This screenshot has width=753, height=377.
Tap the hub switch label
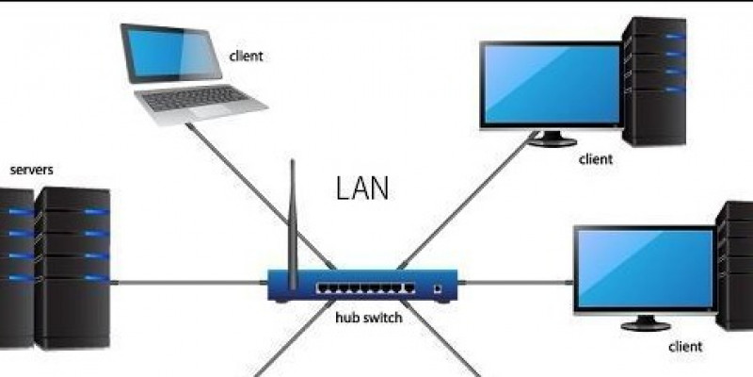(x=369, y=318)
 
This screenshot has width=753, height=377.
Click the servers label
(x=31, y=171)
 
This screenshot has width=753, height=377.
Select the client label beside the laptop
(x=246, y=56)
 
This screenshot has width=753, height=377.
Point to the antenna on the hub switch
(x=293, y=217)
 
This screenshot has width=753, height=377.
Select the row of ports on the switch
(x=365, y=286)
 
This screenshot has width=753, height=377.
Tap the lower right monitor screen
(x=644, y=269)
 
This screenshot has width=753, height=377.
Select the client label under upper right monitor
(x=596, y=159)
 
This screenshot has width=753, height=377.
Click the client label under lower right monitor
(x=685, y=347)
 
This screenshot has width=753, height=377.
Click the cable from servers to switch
(x=188, y=281)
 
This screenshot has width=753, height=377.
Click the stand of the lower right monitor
(x=645, y=322)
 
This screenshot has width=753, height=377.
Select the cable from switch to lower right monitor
(x=518, y=281)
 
